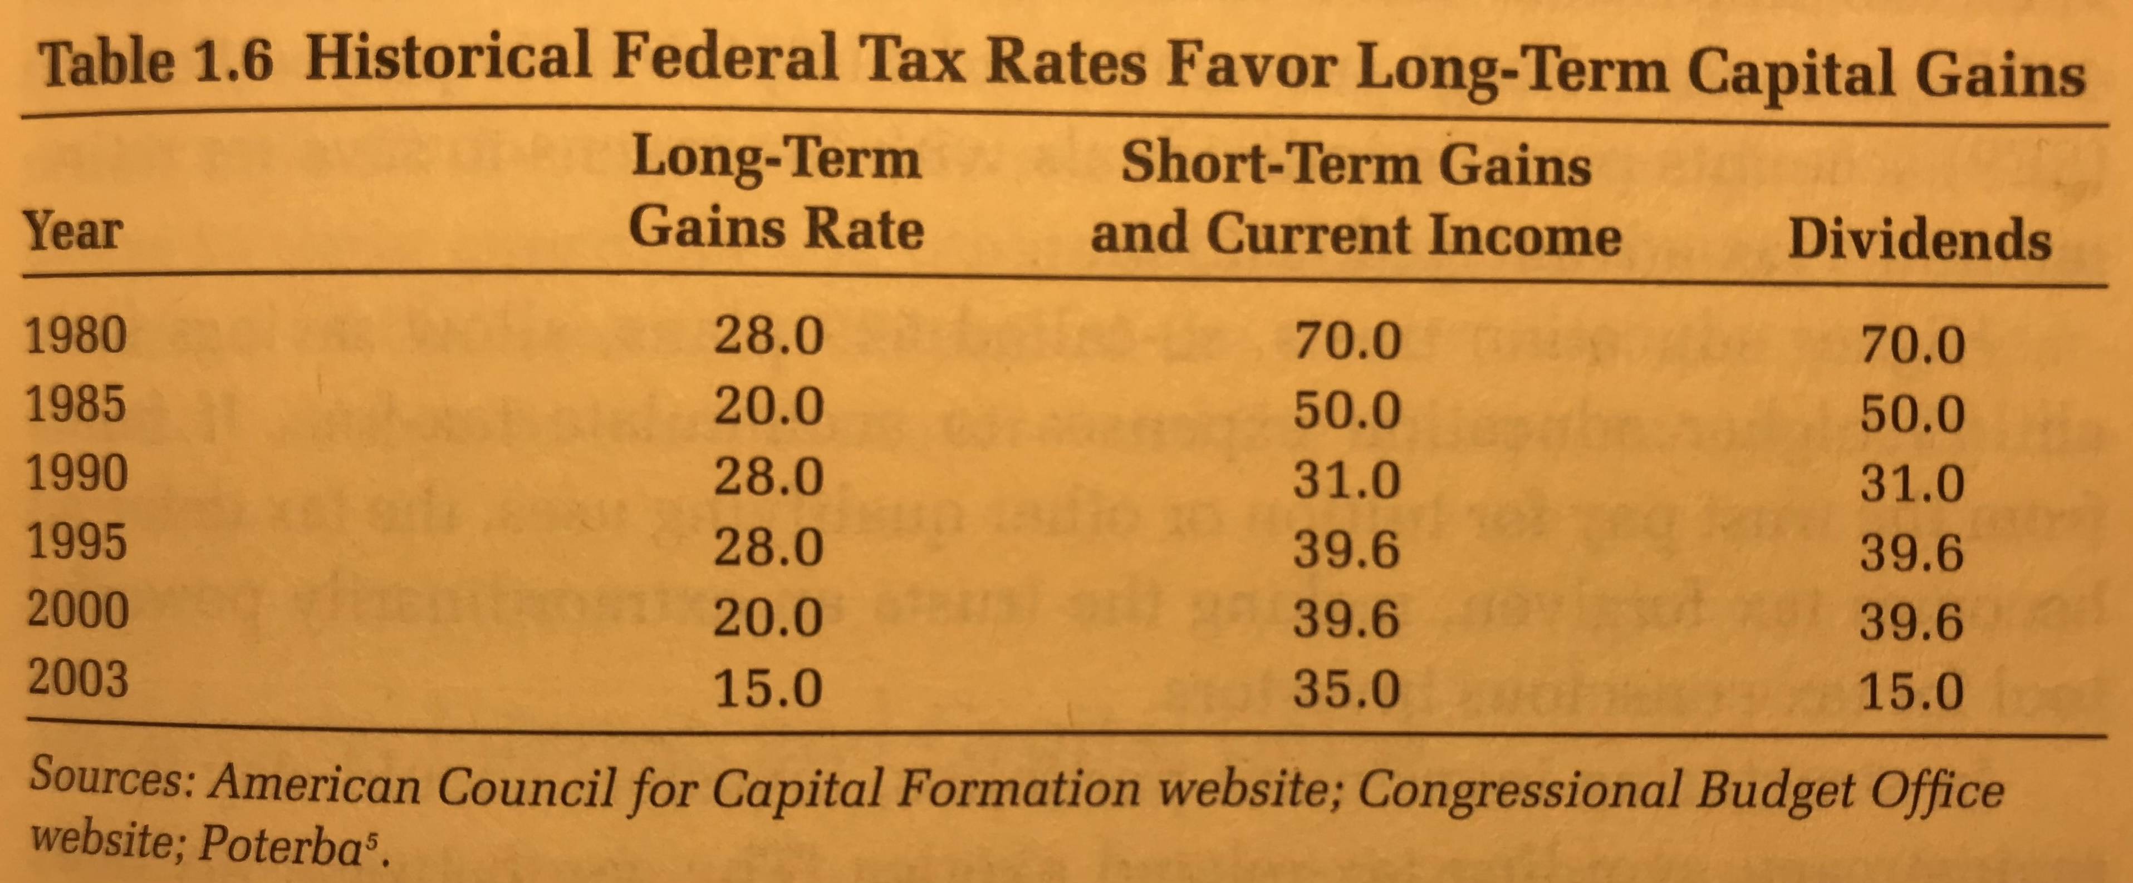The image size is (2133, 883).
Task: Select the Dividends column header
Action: [1919, 240]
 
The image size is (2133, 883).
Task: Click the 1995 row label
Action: [76, 541]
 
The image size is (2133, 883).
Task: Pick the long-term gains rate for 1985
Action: [768, 406]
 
